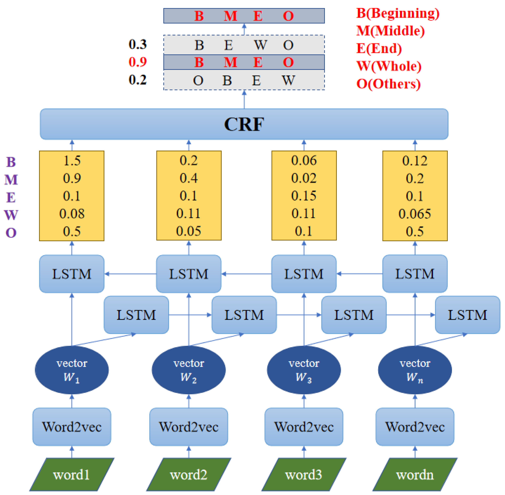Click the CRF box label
tap(244, 124)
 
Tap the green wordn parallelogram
tap(415, 475)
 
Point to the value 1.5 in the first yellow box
tap(72, 161)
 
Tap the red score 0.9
tap(138, 62)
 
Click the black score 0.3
tap(138, 44)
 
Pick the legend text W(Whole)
tap(389, 66)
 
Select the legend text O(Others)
tap(388, 84)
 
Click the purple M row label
tap(11, 180)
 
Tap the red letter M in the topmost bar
tap(230, 16)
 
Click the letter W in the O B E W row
tap(288, 80)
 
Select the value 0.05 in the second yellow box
tap(188, 231)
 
